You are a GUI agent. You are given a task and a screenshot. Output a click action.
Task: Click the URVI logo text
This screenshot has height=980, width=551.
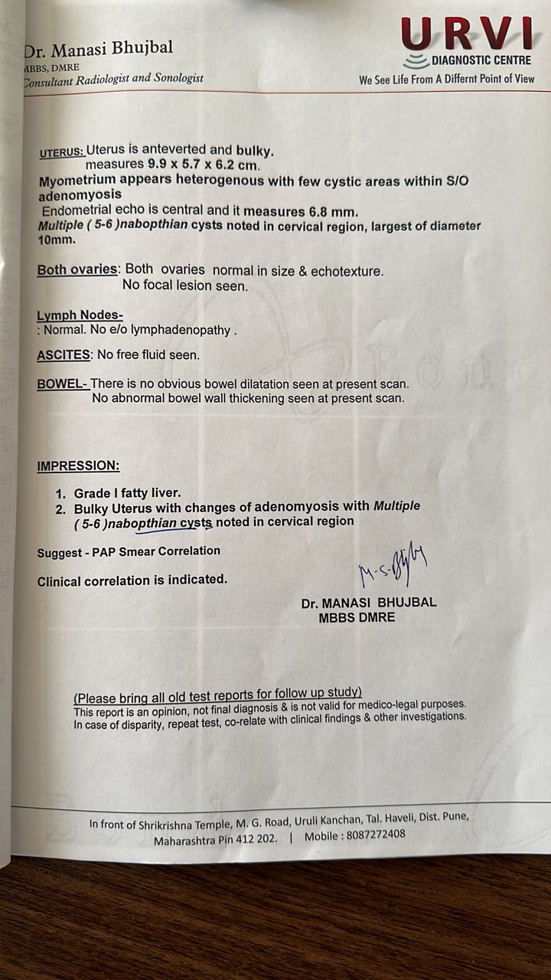(x=467, y=34)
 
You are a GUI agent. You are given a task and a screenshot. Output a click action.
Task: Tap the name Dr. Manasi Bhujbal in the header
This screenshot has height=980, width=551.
(x=98, y=50)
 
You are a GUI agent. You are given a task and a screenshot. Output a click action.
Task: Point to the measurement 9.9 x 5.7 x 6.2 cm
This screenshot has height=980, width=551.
(x=172, y=165)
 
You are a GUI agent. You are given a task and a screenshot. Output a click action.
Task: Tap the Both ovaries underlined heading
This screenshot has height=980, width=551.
(x=77, y=270)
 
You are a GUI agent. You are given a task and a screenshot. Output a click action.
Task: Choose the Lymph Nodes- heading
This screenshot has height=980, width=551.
(x=80, y=316)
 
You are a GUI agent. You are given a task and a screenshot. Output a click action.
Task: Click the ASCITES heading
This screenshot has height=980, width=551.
(x=64, y=355)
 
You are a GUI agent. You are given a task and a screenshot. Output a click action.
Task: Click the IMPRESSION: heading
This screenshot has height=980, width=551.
(x=78, y=465)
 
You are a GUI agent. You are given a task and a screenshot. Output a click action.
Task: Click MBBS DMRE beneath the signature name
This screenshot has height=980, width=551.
(x=357, y=617)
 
